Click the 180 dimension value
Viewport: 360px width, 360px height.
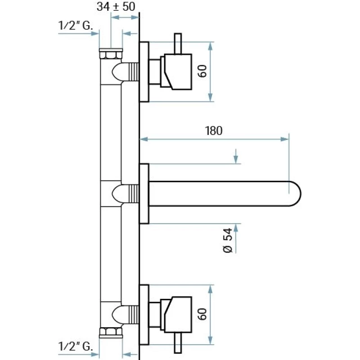coord(214,131)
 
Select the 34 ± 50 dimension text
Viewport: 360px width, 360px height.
coord(116,6)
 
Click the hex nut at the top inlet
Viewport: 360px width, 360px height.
coord(110,54)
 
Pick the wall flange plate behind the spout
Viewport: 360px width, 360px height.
coord(144,194)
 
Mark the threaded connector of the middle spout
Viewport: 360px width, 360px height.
coord(132,194)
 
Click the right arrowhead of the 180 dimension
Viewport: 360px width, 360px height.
coord(285,139)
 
